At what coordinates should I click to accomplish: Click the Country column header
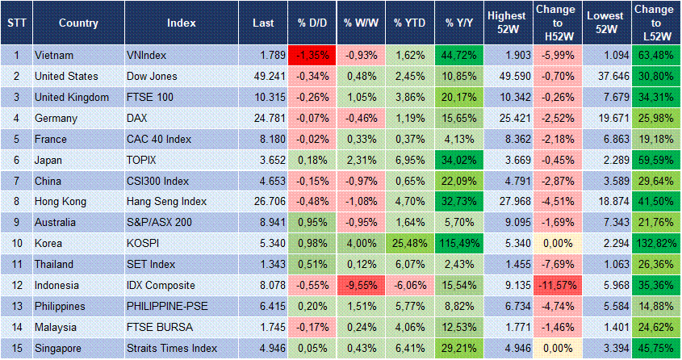point(78,23)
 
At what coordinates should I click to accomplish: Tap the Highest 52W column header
point(507,23)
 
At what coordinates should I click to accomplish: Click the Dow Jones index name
point(157,77)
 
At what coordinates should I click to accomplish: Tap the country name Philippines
point(62,306)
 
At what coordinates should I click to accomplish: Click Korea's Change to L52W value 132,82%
point(655,243)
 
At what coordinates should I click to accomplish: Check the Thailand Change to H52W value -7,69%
point(558,264)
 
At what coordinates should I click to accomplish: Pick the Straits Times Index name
point(172,348)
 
